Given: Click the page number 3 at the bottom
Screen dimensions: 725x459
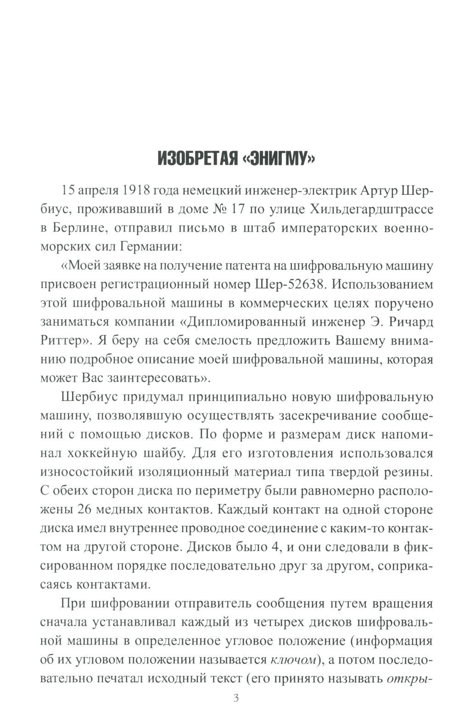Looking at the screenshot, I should coord(236,699).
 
